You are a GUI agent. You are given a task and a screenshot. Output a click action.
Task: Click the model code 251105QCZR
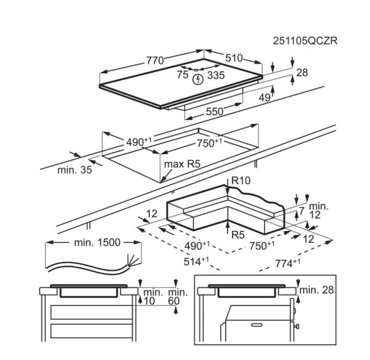tap(305, 41)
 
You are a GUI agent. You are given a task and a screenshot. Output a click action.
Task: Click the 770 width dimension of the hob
tap(155, 60)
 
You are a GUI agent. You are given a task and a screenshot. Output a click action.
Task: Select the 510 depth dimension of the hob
tap(234, 58)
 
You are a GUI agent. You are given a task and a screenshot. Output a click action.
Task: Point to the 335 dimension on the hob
tap(216, 75)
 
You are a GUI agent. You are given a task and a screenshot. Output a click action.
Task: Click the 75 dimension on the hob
tap(182, 75)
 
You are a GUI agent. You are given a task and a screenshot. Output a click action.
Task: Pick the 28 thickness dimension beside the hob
tap(302, 72)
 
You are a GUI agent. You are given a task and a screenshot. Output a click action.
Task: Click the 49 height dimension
tap(265, 97)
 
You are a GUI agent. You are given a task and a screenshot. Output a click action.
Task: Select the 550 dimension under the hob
tap(214, 112)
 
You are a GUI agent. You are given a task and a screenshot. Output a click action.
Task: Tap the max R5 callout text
tap(182, 164)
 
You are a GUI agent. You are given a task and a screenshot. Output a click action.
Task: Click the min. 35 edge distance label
tap(75, 170)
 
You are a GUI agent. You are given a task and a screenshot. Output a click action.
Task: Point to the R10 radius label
tap(241, 181)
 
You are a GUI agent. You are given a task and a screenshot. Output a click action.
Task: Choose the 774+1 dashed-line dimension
tap(287, 264)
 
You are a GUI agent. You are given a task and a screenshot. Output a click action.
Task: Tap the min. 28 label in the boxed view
tap(317, 290)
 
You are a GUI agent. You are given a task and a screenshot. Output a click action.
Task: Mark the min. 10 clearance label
tap(151, 297)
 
